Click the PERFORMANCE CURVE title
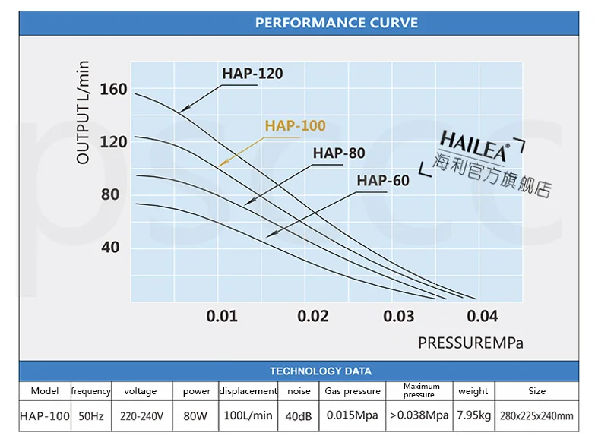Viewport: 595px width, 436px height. click(336, 22)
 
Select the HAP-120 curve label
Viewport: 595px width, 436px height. click(252, 74)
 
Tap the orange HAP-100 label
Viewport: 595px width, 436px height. click(295, 125)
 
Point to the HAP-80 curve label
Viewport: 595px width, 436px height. click(339, 153)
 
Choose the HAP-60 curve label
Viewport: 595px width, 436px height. click(383, 180)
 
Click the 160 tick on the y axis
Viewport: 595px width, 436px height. click(114, 89)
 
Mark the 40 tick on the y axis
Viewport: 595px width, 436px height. click(111, 247)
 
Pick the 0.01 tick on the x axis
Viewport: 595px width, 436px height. click(222, 315)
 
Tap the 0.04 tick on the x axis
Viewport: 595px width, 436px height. click(483, 315)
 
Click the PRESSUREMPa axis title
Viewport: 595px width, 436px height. click(470, 343)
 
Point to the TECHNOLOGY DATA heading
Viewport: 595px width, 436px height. click(321, 371)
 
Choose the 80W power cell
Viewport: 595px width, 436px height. click(197, 416)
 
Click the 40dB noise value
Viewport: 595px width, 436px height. click(299, 416)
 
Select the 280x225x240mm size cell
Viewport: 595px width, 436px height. click(536, 416)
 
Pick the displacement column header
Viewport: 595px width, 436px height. click(248, 391)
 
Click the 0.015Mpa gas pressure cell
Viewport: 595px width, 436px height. click(352, 416)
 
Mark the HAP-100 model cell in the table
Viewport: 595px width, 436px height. click(45, 416)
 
